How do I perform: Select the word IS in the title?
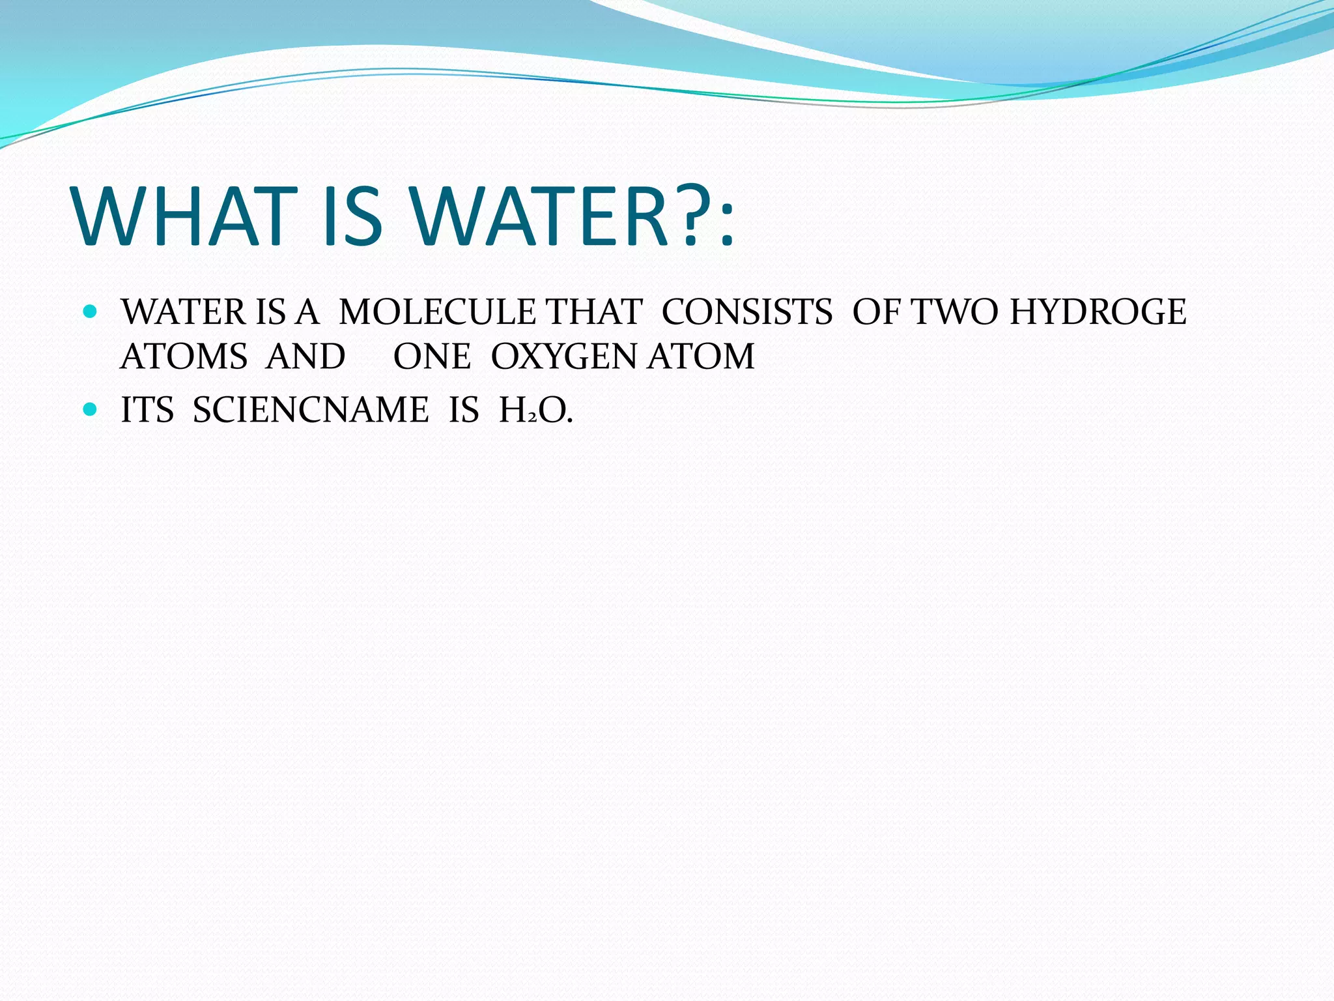(x=352, y=216)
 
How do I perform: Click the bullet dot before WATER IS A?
(x=91, y=312)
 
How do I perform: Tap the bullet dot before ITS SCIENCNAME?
(x=91, y=410)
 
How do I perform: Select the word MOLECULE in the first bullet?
(x=437, y=312)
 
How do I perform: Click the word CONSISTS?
(x=746, y=312)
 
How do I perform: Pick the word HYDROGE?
(x=1098, y=312)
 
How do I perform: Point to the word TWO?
(x=954, y=312)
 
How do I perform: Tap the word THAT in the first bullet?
(x=593, y=312)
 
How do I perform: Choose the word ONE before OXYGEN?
(x=432, y=356)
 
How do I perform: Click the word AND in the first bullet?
(x=305, y=356)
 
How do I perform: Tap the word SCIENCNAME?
(x=311, y=410)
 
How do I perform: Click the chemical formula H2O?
(x=535, y=411)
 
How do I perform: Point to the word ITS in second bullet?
(x=147, y=410)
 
